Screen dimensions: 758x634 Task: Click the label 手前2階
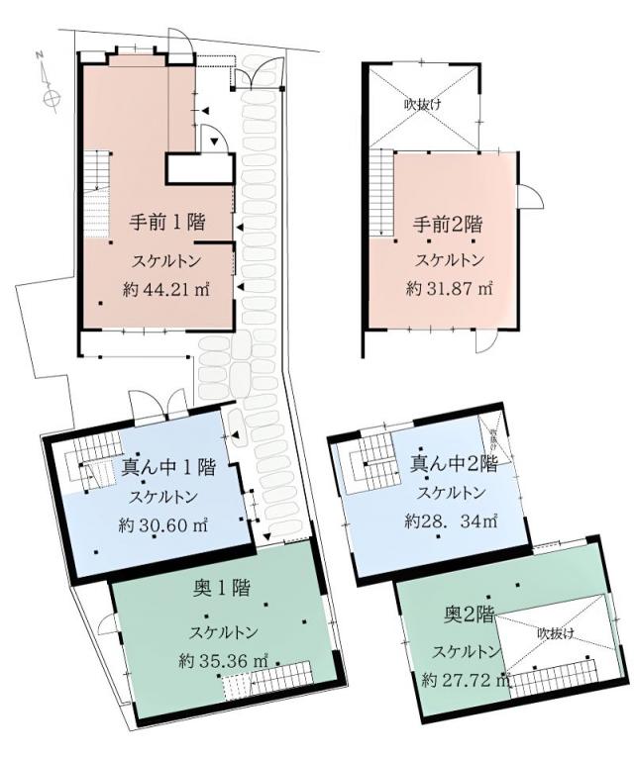tap(449, 223)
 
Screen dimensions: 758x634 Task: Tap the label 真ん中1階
tap(168, 465)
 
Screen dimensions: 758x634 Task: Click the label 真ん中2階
tap(454, 461)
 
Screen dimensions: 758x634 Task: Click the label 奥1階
tap(221, 589)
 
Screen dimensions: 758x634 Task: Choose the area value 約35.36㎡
tap(224, 660)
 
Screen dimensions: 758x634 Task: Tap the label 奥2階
tap(469, 616)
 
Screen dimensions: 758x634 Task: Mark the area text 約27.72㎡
tap(466, 680)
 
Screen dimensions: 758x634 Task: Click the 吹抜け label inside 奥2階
tap(556, 632)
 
